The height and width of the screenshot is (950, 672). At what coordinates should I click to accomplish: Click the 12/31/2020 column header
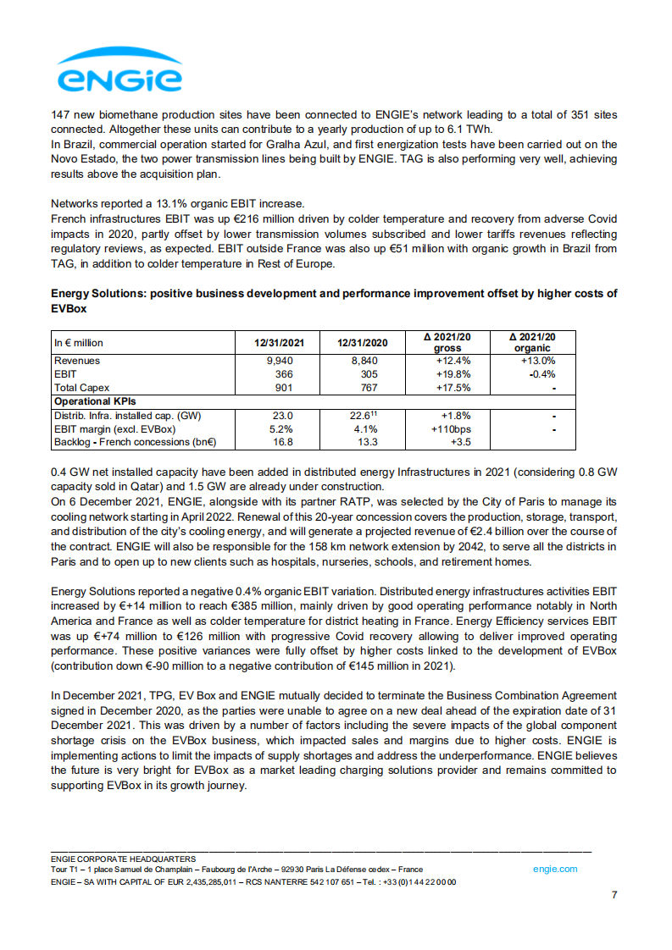(x=364, y=343)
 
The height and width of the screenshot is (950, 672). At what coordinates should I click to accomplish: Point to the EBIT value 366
(x=284, y=374)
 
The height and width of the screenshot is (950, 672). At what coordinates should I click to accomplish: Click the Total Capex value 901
(x=284, y=388)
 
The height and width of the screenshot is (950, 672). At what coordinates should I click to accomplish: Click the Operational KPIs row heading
(x=95, y=401)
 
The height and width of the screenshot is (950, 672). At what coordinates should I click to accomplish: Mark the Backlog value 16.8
(x=282, y=442)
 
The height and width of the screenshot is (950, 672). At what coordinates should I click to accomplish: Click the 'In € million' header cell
(x=79, y=343)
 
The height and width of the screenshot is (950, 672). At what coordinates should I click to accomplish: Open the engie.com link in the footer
(x=555, y=869)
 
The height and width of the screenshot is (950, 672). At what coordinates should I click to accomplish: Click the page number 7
(x=614, y=896)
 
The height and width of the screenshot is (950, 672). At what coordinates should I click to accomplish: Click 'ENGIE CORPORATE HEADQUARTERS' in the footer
(x=123, y=858)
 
